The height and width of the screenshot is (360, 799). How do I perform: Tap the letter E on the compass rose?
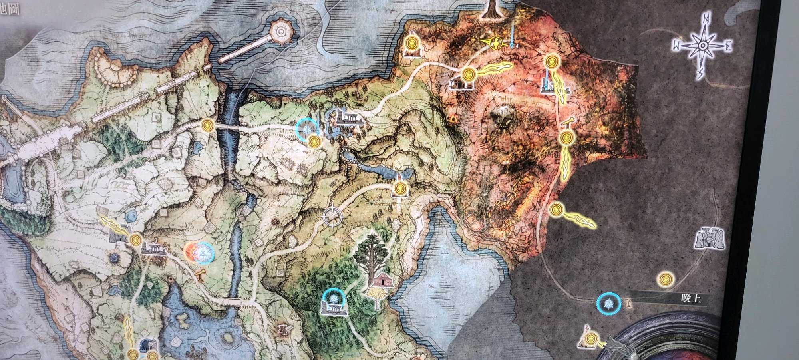pyautogui.click(x=728, y=47)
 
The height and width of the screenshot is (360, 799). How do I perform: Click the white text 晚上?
pyautogui.click(x=691, y=298)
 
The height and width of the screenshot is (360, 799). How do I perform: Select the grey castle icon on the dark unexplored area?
pyautogui.click(x=710, y=239)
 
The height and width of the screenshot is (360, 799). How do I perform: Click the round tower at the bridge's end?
pyautogui.click(x=282, y=31)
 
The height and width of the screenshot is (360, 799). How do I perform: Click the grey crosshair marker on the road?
pyautogui.click(x=333, y=216)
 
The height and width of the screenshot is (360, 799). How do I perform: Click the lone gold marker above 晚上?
pyautogui.click(x=665, y=279)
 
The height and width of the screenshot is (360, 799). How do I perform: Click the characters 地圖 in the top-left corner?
pyautogui.click(x=11, y=10)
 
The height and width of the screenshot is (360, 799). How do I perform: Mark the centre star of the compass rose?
pyautogui.click(x=702, y=46)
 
